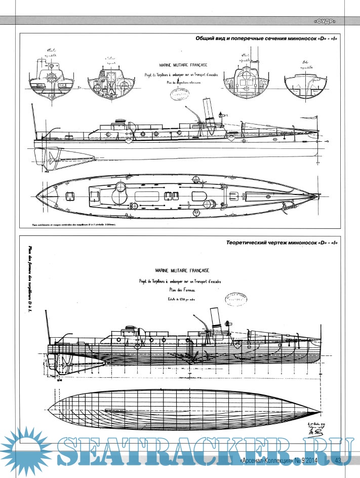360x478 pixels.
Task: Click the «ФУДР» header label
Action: pos(325,21)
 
